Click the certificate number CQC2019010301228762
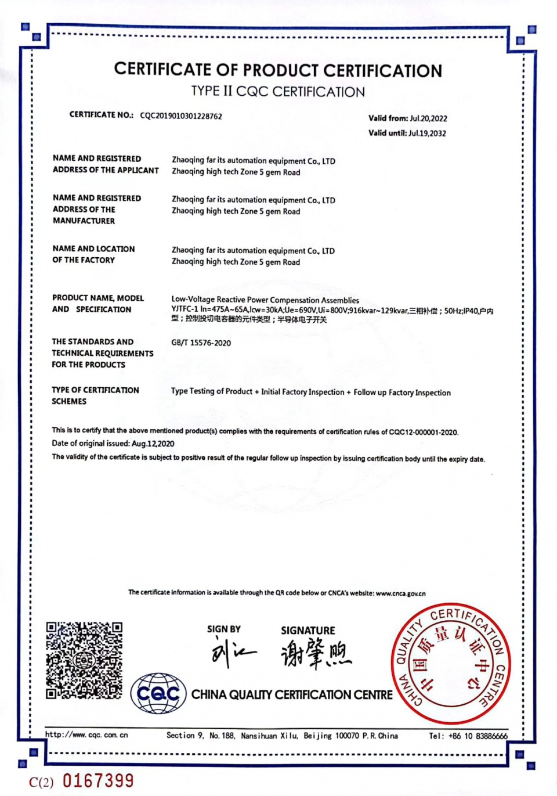pos(181,116)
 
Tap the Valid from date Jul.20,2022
pos(428,118)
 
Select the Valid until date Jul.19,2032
pos(427,133)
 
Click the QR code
pos(84,660)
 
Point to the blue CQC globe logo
pos(158,693)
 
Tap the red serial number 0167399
pos(98,781)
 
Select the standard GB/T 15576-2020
pos(201,343)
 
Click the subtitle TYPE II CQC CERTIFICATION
pos(278,92)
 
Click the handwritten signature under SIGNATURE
pos(316,654)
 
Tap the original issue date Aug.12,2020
pos(153,444)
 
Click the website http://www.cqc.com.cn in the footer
pos(86,735)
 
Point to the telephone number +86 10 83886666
pos(476,736)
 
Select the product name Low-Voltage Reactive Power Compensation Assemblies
pos(265,300)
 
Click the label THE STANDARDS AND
pos(92,342)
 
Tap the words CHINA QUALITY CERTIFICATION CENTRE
pos(292,695)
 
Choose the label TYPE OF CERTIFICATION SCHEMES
pos(95,395)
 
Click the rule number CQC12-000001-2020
pos(423,432)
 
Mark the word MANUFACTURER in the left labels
pos(84,221)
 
